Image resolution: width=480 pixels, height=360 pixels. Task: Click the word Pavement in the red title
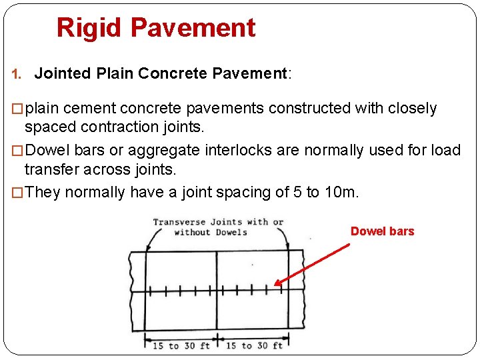click(x=193, y=28)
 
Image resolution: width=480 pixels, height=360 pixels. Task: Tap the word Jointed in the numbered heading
click(x=59, y=73)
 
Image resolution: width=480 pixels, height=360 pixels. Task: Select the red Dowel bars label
click(x=382, y=231)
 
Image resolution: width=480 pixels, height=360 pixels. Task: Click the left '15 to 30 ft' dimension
click(x=181, y=345)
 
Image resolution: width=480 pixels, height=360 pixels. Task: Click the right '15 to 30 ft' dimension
click(x=254, y=345)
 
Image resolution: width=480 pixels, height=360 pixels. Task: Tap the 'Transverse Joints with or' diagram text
click(x=218, y=222)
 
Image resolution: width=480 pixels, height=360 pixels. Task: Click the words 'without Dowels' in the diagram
click(x=210, y=232)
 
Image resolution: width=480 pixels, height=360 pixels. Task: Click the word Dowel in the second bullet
click(x=46, y=150)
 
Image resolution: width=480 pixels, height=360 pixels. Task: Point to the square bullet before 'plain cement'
click(x=18, y=109)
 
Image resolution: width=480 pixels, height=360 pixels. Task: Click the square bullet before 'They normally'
click(x=18, y=193)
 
